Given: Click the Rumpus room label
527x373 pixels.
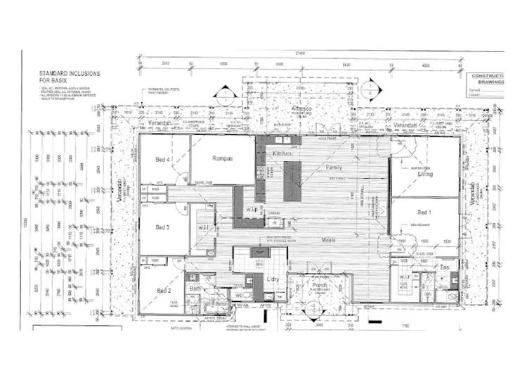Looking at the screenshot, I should [223, 158].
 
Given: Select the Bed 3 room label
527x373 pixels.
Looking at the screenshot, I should [162, 227].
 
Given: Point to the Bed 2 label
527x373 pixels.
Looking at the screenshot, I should [164, 290].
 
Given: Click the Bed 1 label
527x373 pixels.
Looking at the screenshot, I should [424, 212].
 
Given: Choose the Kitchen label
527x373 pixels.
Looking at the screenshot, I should [282, 153].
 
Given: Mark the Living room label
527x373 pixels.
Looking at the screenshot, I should [426, 174].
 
